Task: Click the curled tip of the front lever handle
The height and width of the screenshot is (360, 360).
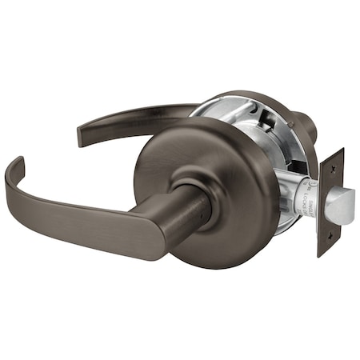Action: point(12,172)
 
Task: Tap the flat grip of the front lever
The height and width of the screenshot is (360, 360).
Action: point(88,220)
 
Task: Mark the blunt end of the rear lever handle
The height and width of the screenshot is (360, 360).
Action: point(82,134)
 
